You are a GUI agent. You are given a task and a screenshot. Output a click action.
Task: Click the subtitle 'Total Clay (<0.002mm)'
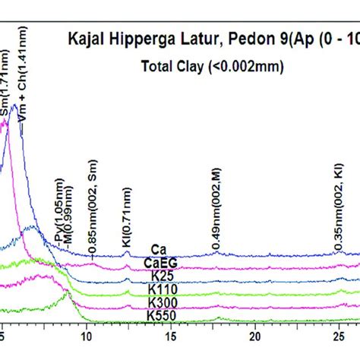212,66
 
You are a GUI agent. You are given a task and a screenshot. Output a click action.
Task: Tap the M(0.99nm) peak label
69,220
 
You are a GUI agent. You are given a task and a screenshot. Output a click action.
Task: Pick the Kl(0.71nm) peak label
127,222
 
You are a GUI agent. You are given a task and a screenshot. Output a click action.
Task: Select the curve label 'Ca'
159,249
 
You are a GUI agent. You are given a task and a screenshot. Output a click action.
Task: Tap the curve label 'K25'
160,276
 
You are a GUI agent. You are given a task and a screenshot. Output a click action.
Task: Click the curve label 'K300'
160,303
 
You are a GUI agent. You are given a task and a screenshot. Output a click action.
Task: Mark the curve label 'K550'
160,316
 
